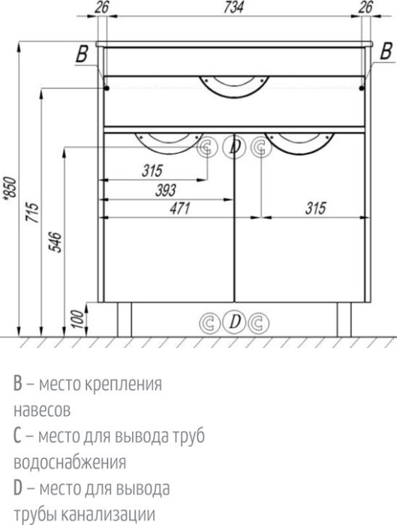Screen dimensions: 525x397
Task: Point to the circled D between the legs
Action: (x=235, y=322)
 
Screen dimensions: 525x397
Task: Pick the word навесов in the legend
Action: (x=42, y=411)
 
